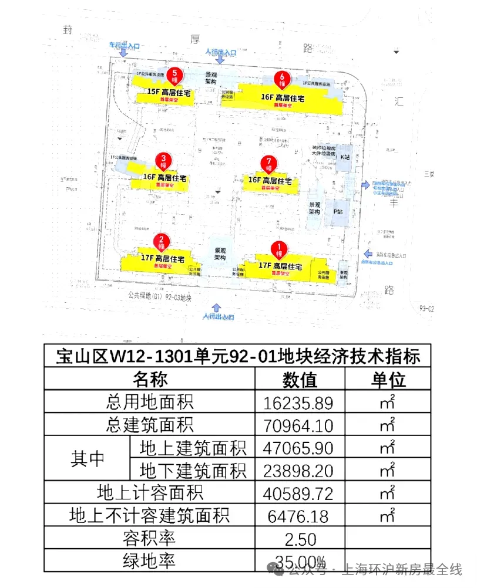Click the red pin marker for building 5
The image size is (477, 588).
(174, 76)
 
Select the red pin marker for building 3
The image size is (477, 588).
(163, 160)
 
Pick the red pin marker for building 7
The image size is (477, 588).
(269, 163)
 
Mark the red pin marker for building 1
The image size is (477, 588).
(280, 249)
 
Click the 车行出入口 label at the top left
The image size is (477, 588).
(123, 45)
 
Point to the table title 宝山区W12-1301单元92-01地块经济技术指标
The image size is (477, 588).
(237, 356)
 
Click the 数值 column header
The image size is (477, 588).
(300, 380)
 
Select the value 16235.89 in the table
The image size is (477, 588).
(300, 403)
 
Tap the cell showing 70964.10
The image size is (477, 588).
(300, 425)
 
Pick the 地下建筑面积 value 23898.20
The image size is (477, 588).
(300, 471)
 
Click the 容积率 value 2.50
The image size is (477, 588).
(300, 539)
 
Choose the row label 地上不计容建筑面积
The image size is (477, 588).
(149, 516)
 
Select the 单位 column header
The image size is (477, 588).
(387, 380)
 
